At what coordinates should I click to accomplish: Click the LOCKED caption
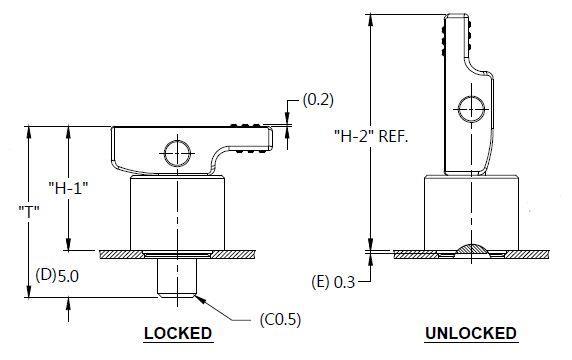(178, 333)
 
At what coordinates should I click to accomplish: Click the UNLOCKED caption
(471, 333)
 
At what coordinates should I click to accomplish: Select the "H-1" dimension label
(69, 188)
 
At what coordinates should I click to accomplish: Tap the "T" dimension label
(29, 211)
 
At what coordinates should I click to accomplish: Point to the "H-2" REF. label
(371, 136)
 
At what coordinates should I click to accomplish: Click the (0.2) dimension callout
(318, 100)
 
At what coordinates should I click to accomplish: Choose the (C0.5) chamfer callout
(280, 320)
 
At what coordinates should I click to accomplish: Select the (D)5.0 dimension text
(57, 275)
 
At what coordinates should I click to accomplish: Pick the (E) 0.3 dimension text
(333, 282)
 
